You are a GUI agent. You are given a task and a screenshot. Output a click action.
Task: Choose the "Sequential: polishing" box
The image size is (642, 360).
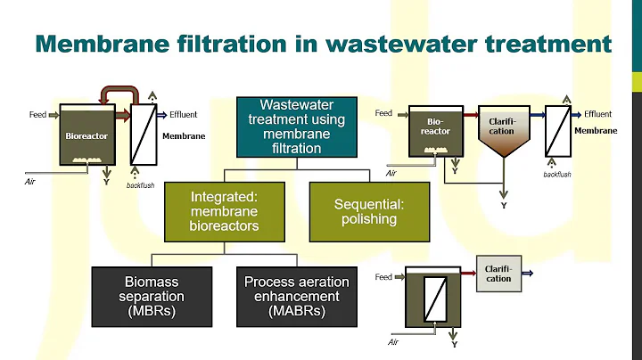(x=369, y=210)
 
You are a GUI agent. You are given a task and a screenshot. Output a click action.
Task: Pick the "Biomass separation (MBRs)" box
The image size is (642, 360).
(x=154, y=296)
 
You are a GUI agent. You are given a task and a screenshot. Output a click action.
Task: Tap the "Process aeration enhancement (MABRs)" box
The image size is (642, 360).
(x=297, y=296)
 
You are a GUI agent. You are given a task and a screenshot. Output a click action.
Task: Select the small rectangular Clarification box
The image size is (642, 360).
(x=498, y=272)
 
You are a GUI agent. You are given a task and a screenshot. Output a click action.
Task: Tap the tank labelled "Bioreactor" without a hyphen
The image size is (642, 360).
(x=86, y=136)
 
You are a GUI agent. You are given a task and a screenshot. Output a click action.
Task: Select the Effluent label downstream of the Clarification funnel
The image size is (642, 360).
(x=597, y=114)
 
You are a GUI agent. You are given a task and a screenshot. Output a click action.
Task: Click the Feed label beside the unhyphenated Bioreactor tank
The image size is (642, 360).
(x=38, y=115)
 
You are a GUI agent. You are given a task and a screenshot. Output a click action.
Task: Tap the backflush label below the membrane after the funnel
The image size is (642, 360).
(x=556, y=174)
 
